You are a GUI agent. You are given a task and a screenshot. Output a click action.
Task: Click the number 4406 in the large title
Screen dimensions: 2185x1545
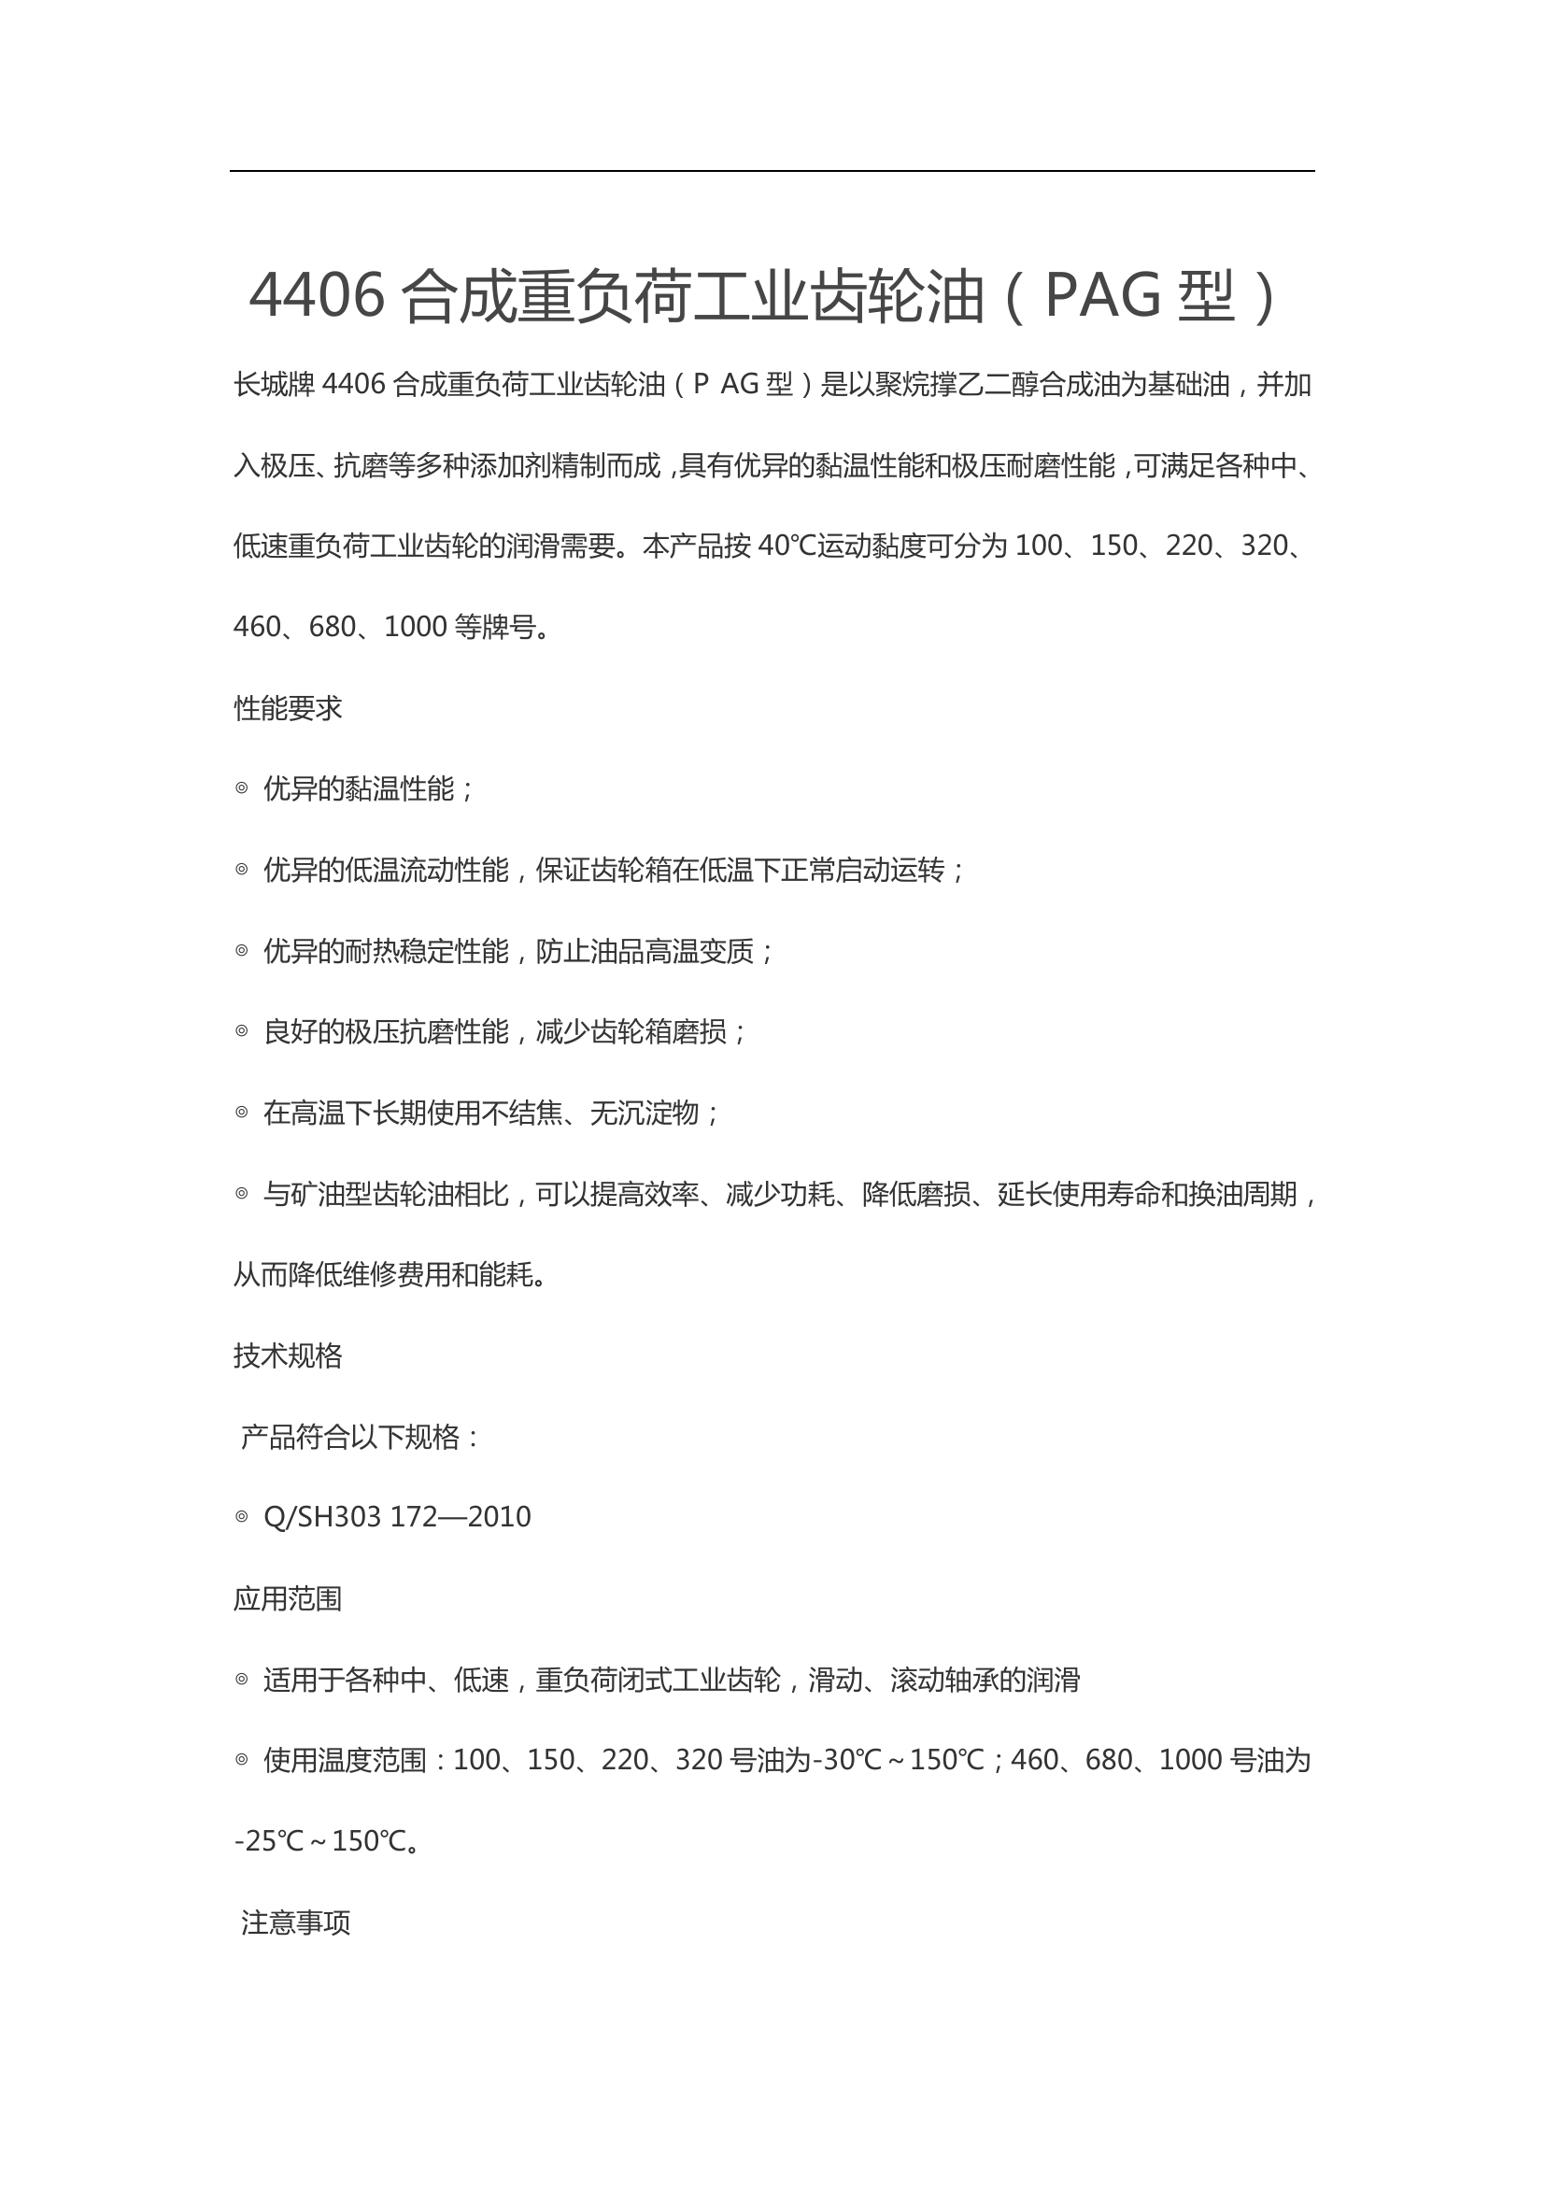pos(317,295)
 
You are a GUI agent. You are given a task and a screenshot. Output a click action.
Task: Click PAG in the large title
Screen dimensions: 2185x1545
pos(1102,295)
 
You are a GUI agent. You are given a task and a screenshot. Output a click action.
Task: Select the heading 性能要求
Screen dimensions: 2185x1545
pos(288,708)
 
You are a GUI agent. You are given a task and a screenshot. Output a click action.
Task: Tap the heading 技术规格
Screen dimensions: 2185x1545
pos(288,1356)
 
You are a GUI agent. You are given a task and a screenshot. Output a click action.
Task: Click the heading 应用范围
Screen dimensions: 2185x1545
pos(288,1598)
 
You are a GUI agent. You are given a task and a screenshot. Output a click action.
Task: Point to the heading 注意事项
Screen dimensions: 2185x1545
pos(295,1923)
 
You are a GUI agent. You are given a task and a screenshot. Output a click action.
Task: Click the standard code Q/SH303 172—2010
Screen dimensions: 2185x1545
pos(397,1517)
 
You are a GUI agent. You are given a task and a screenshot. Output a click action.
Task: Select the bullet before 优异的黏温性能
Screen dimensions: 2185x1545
pos(242,788)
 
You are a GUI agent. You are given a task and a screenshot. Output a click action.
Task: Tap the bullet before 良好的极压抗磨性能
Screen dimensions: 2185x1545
pos(242,1030)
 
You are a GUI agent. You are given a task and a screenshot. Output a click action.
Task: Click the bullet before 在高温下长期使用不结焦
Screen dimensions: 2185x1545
pos(242,1112)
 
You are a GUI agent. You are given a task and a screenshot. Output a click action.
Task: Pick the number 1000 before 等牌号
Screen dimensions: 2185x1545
pos(415,627)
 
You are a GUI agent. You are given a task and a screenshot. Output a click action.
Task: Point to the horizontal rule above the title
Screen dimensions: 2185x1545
pos(772,171)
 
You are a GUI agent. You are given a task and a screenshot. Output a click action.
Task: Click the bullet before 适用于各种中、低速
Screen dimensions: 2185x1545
pos(242,1680)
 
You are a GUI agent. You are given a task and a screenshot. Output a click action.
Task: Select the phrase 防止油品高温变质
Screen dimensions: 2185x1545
pos(645,951)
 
